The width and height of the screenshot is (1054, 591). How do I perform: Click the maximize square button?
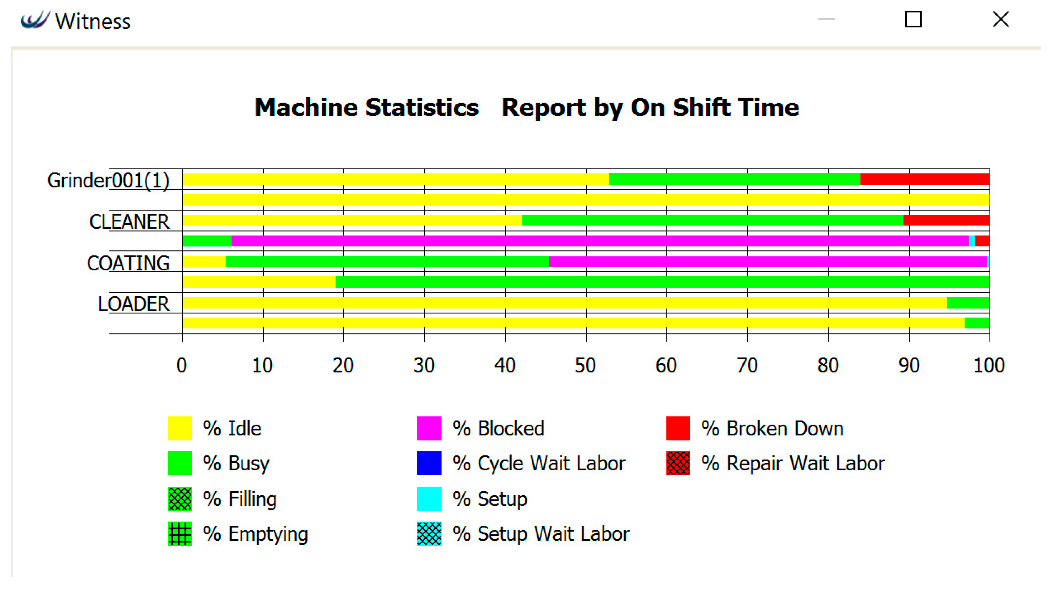click(913, 19)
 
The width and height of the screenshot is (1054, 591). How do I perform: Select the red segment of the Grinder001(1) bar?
click(925, 179)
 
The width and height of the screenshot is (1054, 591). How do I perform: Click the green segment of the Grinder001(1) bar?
click(734, 179)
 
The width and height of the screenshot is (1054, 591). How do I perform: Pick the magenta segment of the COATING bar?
click(767, 261)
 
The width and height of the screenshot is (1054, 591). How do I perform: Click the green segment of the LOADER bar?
click(968, 303)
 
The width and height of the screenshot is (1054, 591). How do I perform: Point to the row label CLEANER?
click(129, 222)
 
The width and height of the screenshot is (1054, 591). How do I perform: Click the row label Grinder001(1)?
click(108, 180)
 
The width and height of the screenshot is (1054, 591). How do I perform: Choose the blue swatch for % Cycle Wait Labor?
click(429, 463)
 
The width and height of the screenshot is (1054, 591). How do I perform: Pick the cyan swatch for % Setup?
click(429, 498)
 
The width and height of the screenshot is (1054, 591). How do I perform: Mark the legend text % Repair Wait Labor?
click(792, 463)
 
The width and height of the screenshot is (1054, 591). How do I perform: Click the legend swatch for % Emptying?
click(180, 534)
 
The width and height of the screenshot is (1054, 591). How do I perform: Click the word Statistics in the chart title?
click(421, 108)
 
